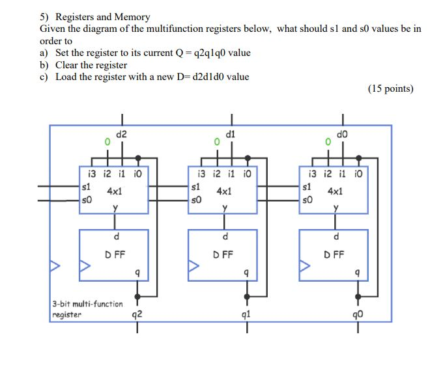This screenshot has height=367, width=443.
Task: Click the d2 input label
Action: (x=122, y=135)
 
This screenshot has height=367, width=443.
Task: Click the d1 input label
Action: (x=229, y=135)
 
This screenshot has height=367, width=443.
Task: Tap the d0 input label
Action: (x=341, y=135)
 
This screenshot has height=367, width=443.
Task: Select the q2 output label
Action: (x=137, y=318)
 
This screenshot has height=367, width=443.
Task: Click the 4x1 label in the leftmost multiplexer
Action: (x=116, y=192)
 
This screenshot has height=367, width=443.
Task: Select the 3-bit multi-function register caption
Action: (x=87, y=308)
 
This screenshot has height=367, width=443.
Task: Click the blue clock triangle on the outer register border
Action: (x=55, y=265)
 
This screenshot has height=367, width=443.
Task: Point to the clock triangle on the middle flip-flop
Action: (x=194, y=265)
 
